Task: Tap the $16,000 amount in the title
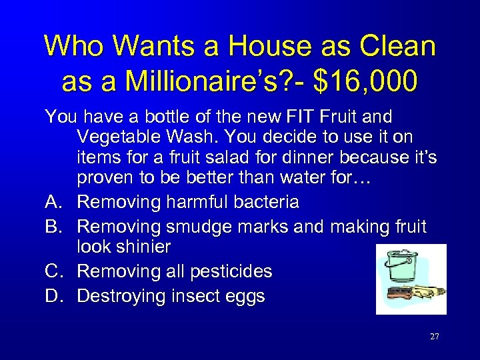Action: point(367,81)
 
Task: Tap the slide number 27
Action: point(434,337)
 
